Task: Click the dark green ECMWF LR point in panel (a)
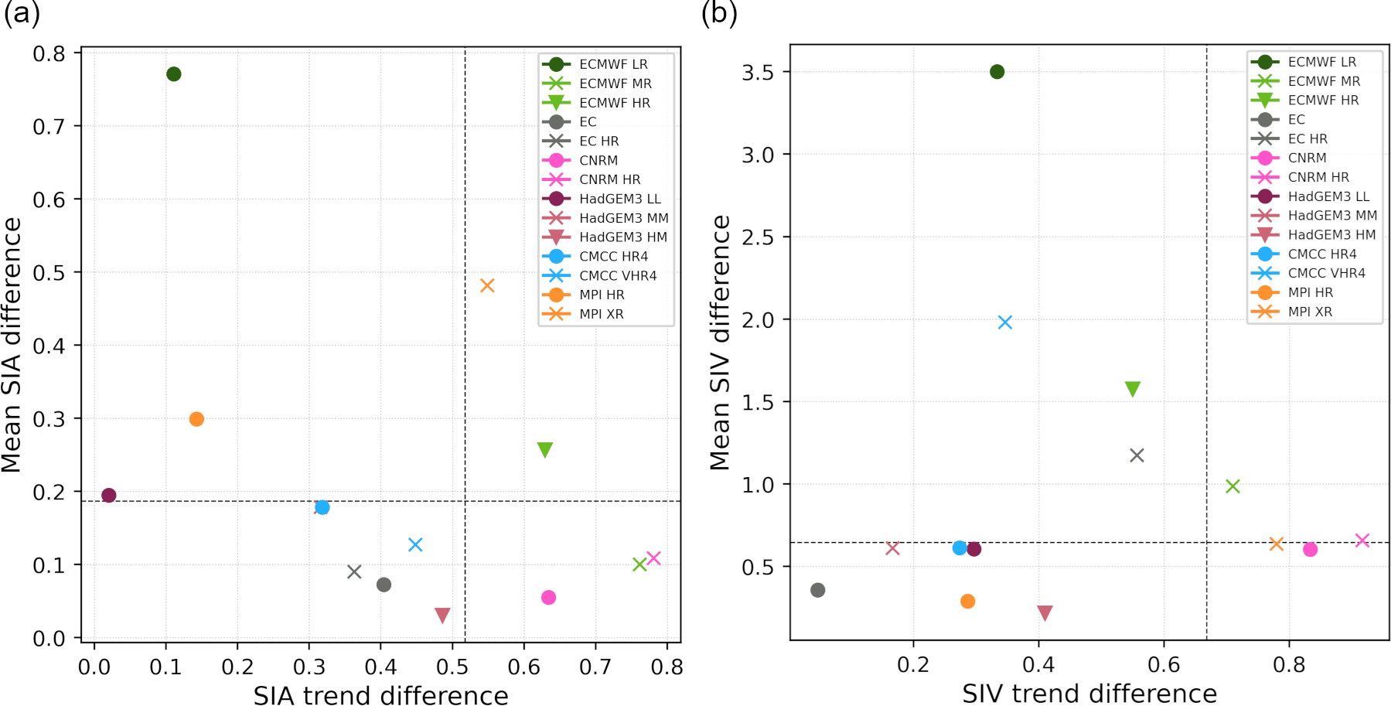point(174,74)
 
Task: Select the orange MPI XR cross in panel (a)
point(487,286)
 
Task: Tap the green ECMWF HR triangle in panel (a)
point(544,449)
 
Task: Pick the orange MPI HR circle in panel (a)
point(196,419)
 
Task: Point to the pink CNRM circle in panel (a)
point(549,597)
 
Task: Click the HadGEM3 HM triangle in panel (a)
point(442,615)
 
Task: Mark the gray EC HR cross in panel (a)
point(354,572)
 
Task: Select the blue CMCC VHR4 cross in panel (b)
point(1005,322)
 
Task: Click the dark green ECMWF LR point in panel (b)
point(997,72)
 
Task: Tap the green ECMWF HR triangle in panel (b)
point(1133,389)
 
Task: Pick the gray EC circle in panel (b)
point(818,590)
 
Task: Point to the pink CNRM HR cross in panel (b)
point(1362,541)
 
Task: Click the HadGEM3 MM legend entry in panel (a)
point(623,218)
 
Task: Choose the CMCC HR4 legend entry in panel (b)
point(1321,254)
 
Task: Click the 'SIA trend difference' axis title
point(380,694)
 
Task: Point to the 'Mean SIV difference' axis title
point(721,343)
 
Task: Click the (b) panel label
point(719,13)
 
